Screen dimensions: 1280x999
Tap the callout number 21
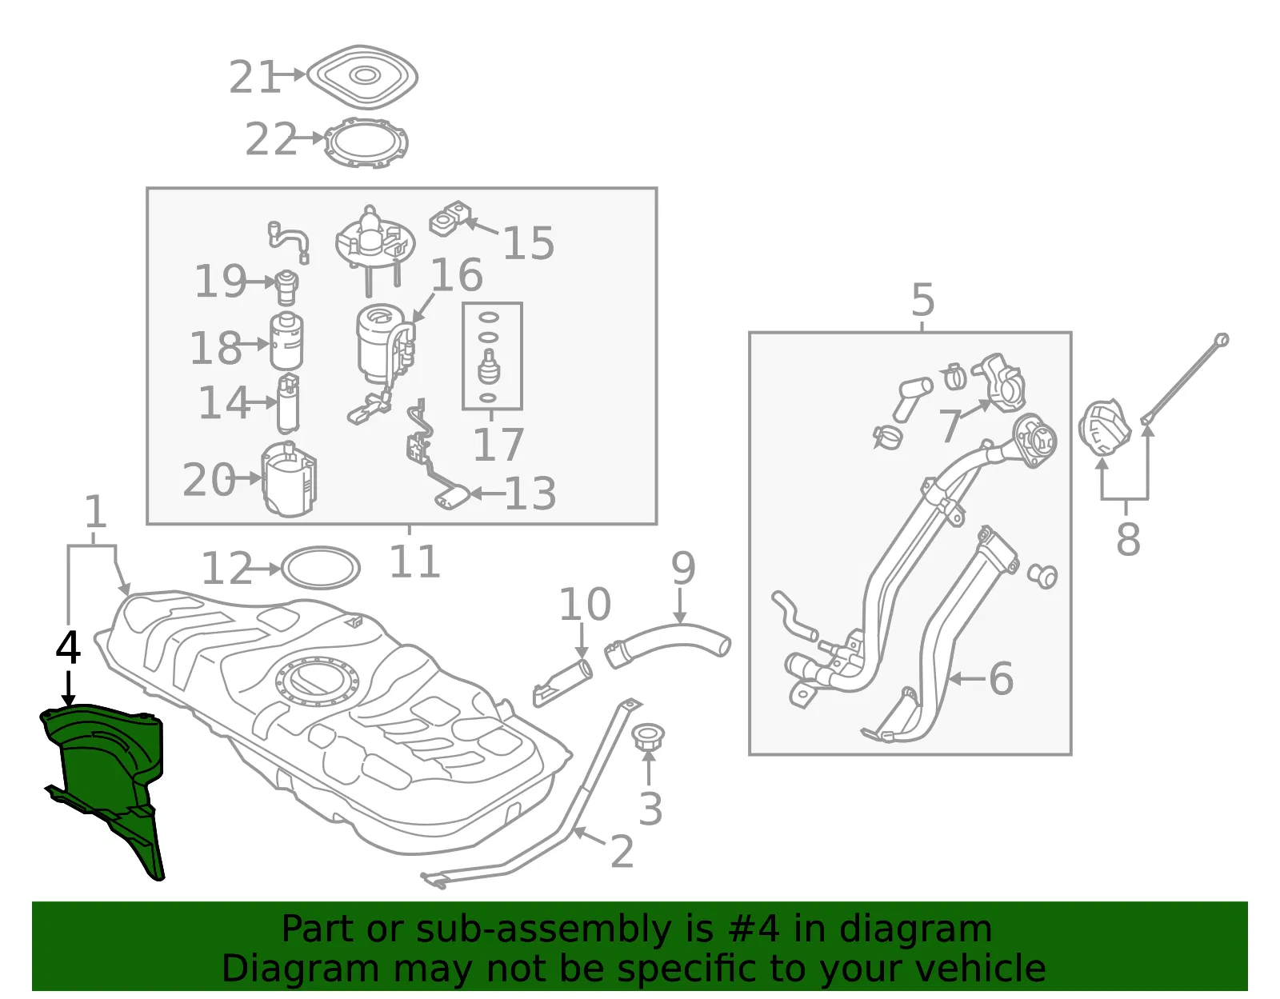[254, 77]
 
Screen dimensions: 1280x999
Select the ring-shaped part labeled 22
[366, 143]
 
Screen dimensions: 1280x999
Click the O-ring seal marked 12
[321, 568]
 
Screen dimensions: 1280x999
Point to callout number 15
[528, 242]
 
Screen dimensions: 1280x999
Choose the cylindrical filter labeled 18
[286, 342]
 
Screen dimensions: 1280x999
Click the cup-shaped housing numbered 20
[289, 479]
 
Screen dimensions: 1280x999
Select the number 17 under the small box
[498, 445]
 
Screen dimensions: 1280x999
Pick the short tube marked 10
[562, 683]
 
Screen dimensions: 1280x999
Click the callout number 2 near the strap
[622, 851]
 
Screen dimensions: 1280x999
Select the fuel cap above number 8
[1105, 428]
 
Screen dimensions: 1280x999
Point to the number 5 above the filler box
[923, 299]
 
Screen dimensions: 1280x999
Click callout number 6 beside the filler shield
[1001, 679]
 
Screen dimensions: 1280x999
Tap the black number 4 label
[68, 648]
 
